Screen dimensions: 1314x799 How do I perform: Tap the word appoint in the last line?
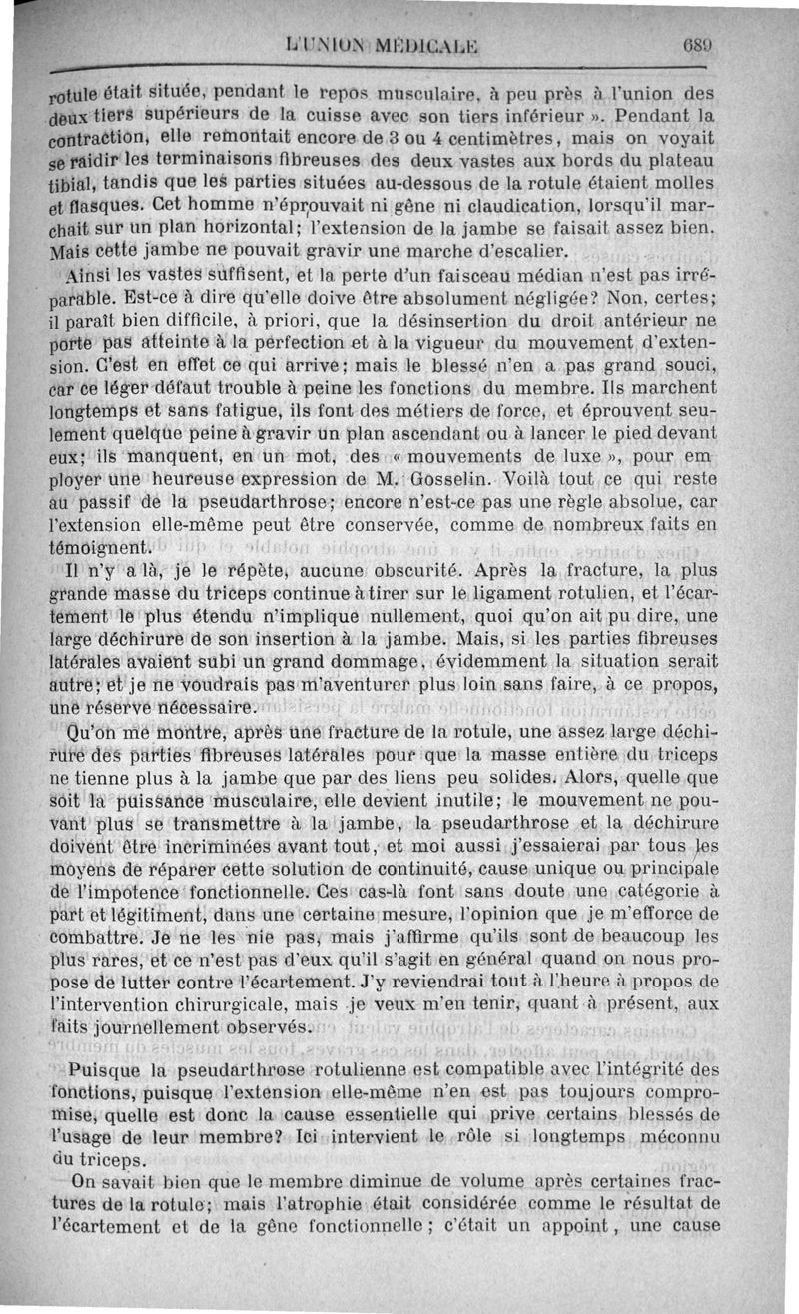pos(599,1227)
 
